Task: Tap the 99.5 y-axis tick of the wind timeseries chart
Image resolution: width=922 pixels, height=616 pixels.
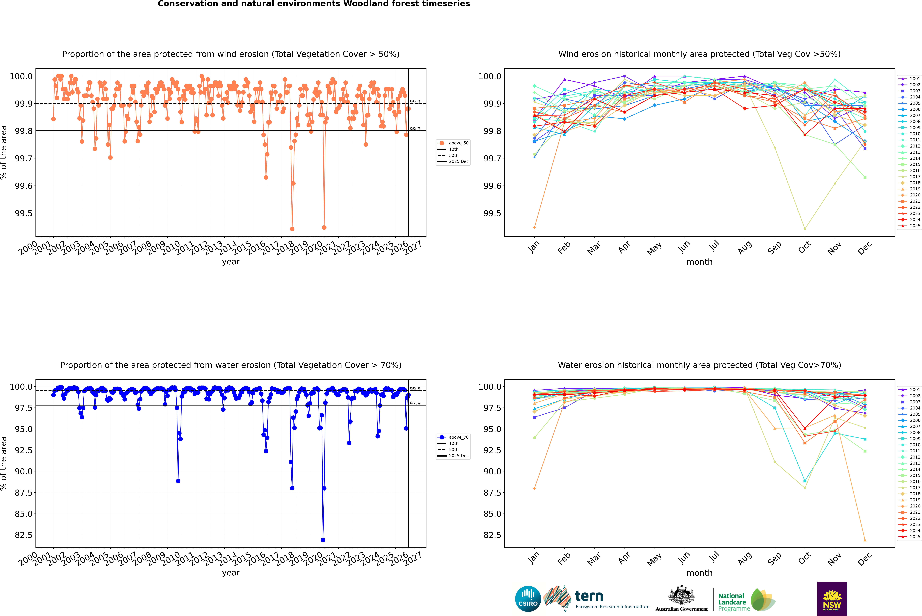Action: click(24, 213)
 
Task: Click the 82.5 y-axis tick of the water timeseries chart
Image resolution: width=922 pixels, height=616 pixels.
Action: click(24, 535)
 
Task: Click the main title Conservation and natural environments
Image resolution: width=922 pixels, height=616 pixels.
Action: click(314, 4)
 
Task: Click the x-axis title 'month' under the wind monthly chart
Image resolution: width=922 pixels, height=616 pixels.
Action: click(699, 262)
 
